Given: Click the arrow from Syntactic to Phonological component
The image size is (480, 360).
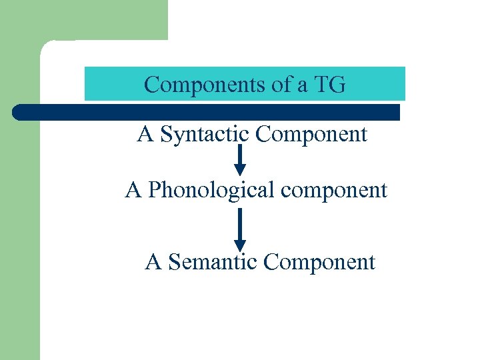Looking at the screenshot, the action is [240, 160].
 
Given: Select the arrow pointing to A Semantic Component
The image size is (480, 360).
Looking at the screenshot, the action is [240, 229].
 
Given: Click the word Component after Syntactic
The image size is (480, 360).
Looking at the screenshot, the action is [311, 135].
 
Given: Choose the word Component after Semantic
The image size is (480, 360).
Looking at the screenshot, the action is [319, 262].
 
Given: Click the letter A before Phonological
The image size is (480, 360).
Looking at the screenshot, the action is [133, 190].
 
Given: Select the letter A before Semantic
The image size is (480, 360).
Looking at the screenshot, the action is [153, 262].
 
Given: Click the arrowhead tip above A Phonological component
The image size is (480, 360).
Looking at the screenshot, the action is [240, 175].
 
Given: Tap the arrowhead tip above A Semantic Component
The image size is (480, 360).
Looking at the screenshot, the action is [240, 250].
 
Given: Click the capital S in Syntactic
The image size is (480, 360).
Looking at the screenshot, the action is [167, 135].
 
